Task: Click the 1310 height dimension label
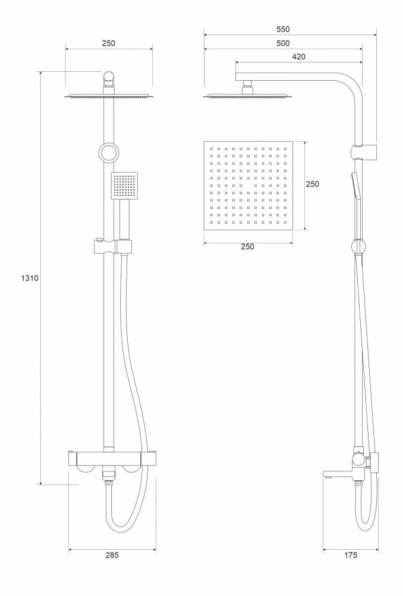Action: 29,278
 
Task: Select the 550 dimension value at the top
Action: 290,29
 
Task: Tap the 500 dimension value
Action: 283,43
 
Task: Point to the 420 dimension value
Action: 298,56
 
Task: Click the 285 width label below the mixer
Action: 112,555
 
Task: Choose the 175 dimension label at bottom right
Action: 351,555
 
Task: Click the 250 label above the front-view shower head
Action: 108,43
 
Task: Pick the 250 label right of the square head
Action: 312,184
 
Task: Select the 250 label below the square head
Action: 247,246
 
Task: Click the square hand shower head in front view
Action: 124,185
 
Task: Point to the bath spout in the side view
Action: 336,474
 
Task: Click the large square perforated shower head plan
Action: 248,186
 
